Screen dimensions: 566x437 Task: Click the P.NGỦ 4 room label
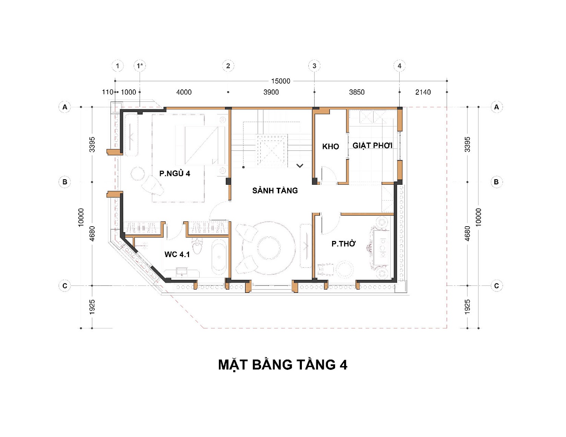tap(175, 173)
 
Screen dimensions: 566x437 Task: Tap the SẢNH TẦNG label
tap(275, 190)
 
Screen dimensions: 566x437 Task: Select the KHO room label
tap(331, 147)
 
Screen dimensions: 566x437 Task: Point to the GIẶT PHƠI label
tap(372, 146)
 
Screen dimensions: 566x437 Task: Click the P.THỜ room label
tap(343, 244)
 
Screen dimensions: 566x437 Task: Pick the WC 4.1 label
tap(177, 254)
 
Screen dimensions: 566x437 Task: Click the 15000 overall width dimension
tap(280, 81)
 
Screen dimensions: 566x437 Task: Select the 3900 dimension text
tap(271, 92)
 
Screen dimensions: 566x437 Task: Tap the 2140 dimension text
tap(423, 92)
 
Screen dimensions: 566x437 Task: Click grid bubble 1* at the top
tap(140, 66)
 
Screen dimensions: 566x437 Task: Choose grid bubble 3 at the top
tap(314, 66)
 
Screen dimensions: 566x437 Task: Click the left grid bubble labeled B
tap(65, 182)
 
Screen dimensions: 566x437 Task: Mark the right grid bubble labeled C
tap(497, 286)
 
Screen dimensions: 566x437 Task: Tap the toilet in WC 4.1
tap(197, 245)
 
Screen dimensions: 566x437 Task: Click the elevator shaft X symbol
tap(272, 150)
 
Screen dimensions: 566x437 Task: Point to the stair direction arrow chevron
tap(300, 166)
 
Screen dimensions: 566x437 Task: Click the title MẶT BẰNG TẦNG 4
tap(283, 365)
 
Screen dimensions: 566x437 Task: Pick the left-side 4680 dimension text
tap(92, 234)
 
